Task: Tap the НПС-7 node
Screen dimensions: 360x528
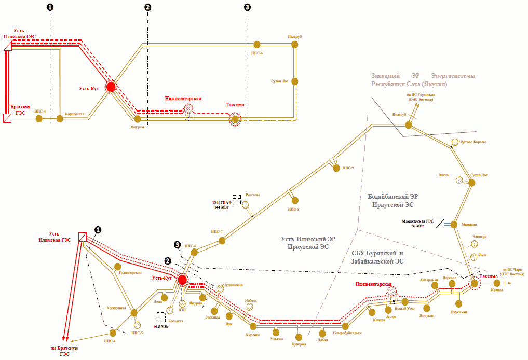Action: click(222, 240)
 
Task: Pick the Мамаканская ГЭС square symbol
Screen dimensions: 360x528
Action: click(440, 224)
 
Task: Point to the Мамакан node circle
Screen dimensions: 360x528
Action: click(453, 225)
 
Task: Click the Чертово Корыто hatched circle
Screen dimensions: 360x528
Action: click(455, 142)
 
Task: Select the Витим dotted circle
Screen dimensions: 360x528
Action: click(459, 180)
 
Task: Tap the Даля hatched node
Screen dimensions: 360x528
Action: click(473, 257)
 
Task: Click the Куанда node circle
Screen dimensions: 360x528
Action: click(497, 283)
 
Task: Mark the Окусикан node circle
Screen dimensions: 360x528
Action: click(458, 304)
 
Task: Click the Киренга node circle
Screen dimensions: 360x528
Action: click(253, 326)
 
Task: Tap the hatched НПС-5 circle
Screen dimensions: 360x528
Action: click(138, 325)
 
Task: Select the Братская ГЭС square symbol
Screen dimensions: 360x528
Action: click(7, 119)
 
